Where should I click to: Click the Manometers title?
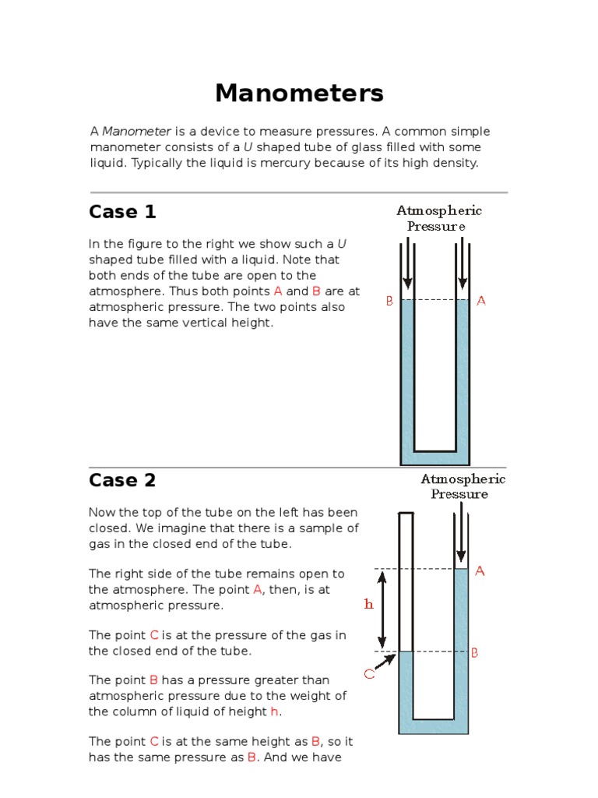tap(299, 94)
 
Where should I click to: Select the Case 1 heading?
tap(122, 211)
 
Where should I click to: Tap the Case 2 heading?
tap(122, 480)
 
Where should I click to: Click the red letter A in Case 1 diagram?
tap(481, 301)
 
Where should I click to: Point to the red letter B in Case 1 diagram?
tap(389, 301)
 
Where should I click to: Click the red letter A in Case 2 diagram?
tap(480, 571)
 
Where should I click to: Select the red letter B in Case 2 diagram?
tap(474, 653)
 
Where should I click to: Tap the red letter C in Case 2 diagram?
tap(369, 674)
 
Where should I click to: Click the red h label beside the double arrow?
tap(369, 604)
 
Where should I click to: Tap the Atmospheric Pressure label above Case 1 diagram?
tap(439, 218)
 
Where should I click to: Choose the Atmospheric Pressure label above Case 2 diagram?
tap(463, 486)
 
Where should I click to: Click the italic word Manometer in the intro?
tap(137, 131)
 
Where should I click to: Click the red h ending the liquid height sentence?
tap(274, 711)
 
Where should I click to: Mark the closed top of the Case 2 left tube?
tap(406, 514)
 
